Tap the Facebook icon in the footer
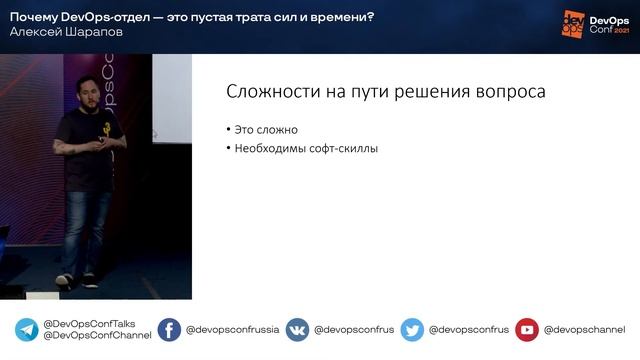(x=169, y=330)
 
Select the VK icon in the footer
(x=297, y=330)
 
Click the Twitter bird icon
(x=412, y=330)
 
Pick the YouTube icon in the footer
(x=527, y=330)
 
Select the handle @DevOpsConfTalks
(x=89, y=324)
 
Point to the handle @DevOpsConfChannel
(x=97, y=336)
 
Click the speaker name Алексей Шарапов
(x=53, y=32)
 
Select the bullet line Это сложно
(x=266, y=130)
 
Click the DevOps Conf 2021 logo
(x=595, y=25)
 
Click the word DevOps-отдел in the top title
(x=99, y=14)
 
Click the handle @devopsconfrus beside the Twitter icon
(x=469, y=330)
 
